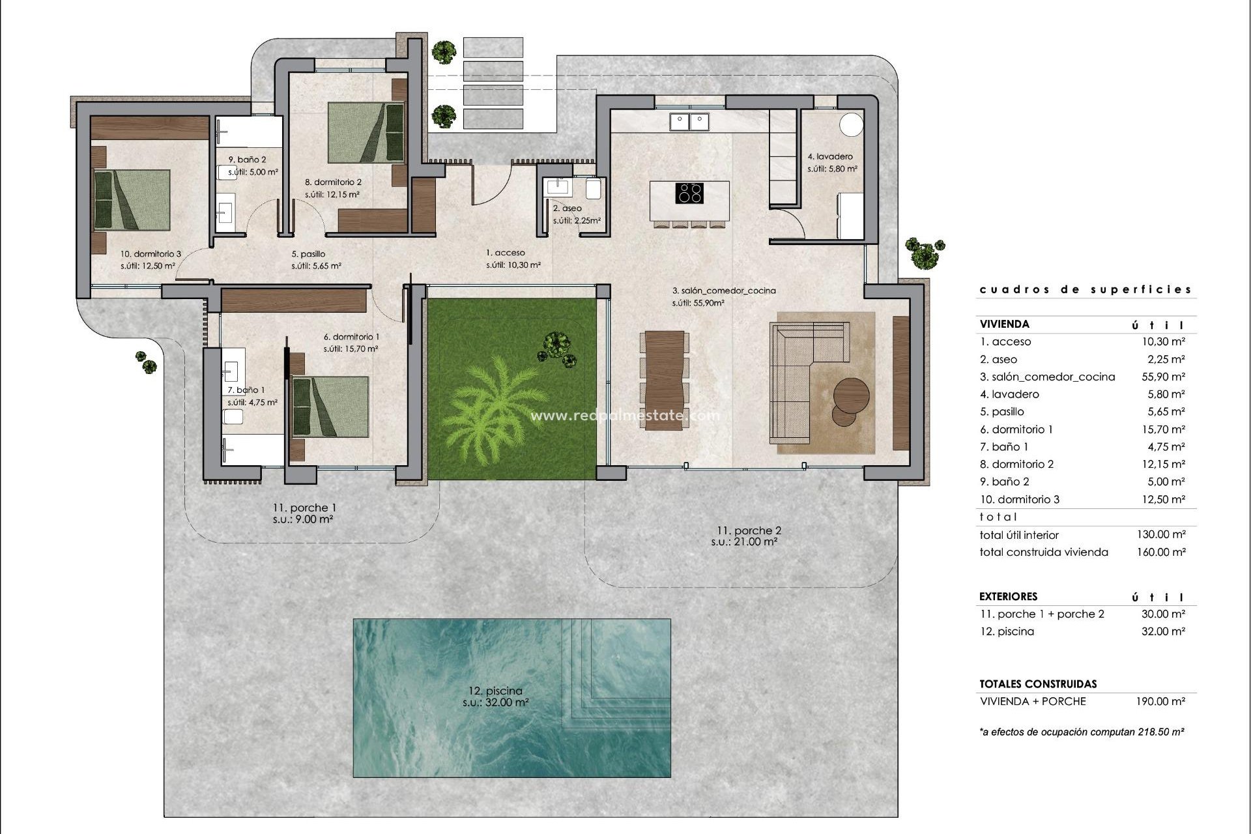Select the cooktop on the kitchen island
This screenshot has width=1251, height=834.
pyautogui.click(x=689, y=194)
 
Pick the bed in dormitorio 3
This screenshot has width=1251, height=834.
pyautogui.click(x=132, y=200)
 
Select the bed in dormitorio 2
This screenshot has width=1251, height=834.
pyautogui.click(x=366, y=132)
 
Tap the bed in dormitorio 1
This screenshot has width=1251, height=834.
pyautogui.click(x=330, y=407)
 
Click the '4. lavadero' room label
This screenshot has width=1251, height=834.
pyautogui.click(x=830, y=156)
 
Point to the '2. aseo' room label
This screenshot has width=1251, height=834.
pyautogui.click(x=567, y=208)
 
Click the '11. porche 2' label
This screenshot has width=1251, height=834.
pyautogui.click(x=745, y=530)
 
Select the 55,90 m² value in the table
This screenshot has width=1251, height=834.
pyautogui.click(x=1166, y=377)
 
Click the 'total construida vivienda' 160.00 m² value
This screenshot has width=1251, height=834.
pyautogui.click(x=1166, y=552)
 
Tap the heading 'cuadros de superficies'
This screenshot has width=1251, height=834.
pyautogui.click(x=1086, y=290)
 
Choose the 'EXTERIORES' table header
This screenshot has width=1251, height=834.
pyautogui.click(x=1008, y=596)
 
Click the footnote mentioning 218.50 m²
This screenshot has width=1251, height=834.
pyautogui.click(x=1082, y=732)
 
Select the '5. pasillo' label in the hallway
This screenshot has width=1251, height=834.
pyautogui.click(x=308, y=254)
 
